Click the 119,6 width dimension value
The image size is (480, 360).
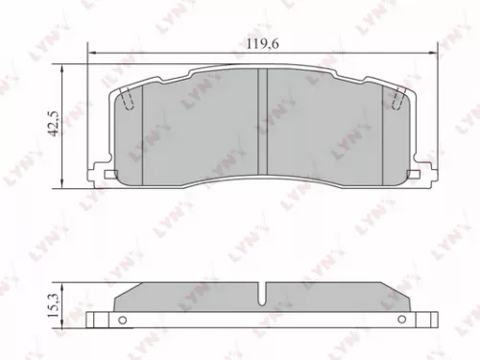[254, 41]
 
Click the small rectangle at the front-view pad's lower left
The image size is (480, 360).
[109, 175]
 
